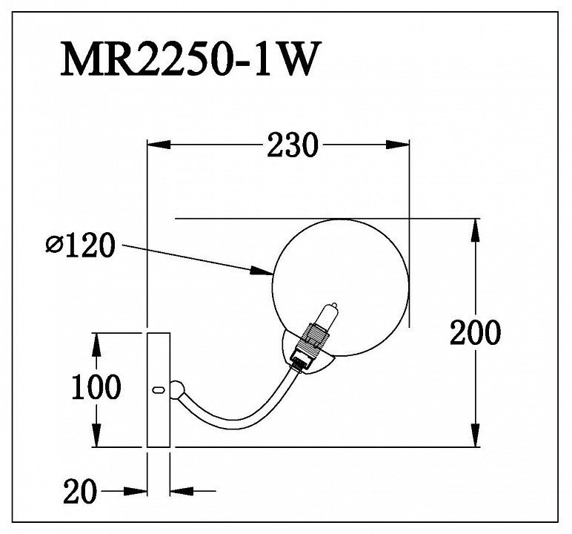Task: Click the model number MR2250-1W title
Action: (x=190, y=59)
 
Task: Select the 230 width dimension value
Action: (x=293, y=145)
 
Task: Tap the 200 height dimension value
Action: (x=475, y=332)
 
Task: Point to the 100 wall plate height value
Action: (x=96, y=387)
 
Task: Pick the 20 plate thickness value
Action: (x=80, y=491)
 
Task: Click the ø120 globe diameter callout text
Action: (x=80, y=245)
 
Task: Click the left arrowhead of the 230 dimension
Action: (x=159, y=145)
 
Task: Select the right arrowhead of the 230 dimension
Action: (x=397, y=145)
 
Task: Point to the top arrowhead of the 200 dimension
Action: (x=475, y=231)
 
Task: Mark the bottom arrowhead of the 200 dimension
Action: (x=475, y=435)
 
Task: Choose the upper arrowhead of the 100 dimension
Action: (x=96, y=345)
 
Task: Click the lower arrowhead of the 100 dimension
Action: (x=96, y=435)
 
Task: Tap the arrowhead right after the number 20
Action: (x=136, y=491)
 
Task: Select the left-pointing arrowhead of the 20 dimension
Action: (x=182, y=491)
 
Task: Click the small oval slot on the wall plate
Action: (x=159, y=389)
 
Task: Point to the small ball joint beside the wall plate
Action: (x=177, y=389)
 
